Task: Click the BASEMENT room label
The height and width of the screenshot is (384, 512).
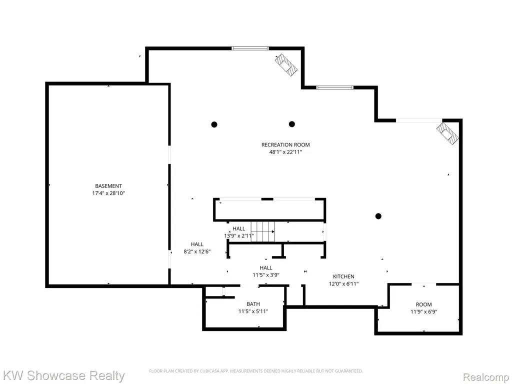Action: pos(108,186)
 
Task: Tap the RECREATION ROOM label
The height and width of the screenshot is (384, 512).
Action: pos(285,144)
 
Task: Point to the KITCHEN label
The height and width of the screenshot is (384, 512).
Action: pos(343,276)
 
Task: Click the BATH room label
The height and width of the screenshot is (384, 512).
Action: pos(253,304)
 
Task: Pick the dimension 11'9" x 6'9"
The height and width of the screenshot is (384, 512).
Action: pos(424,312)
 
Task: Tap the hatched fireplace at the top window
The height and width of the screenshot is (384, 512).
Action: pos(286,65)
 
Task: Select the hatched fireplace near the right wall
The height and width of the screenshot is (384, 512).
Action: pos(447,133)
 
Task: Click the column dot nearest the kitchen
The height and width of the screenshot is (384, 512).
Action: pos(378,216)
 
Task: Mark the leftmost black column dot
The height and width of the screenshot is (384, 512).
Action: pos(214,124)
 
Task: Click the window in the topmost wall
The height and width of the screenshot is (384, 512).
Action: pos(250,48)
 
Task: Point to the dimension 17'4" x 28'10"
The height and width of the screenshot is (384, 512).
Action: pos(108,193)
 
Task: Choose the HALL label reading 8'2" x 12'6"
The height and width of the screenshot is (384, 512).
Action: pos(197,244)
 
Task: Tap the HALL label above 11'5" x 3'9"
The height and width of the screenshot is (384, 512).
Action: pos(266,268)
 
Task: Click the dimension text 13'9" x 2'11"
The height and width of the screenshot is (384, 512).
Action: pos(238,236)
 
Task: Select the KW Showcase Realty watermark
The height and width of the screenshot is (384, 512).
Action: pos(63,375)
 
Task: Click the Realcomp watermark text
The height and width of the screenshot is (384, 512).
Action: pos(486,377)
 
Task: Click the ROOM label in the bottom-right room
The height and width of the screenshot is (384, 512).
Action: pos(424,304)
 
